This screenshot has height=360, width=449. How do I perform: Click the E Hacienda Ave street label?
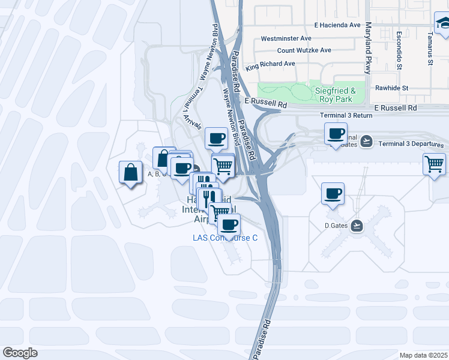[x=337, y=25]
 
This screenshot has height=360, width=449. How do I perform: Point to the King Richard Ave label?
[x=270, y=64]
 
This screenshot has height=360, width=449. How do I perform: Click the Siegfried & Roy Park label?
[x=336, y=95]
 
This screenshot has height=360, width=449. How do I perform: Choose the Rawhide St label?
[x=391, y=88]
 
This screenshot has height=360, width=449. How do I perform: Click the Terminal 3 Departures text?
[x=411, y=145]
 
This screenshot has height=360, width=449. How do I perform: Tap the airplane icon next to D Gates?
[x=357, y=226]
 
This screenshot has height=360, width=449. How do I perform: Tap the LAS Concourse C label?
[x=225, y=238]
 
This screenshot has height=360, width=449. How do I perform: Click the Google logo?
[x=20, y=353]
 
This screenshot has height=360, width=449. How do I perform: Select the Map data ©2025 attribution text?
[x=423, y=355]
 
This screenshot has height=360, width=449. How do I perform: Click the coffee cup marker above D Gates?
[x=333, y=194]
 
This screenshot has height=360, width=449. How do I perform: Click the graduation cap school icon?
[x=442, y=23]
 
